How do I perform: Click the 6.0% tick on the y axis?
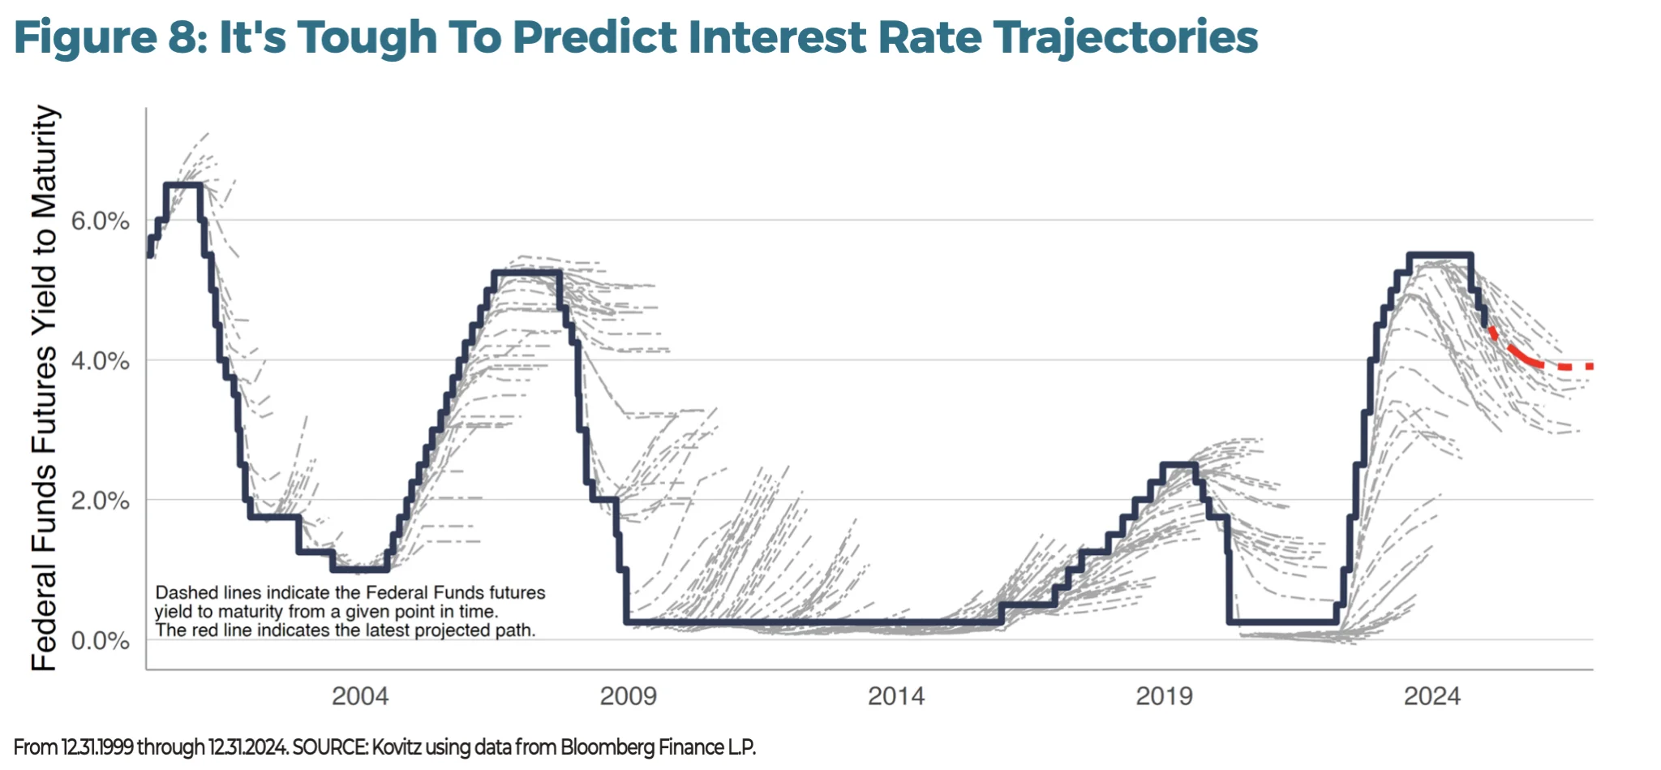coord(100,221)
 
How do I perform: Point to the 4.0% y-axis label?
coord(100,361)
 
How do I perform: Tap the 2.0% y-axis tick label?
coord(100,501)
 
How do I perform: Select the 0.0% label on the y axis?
coord(100,641)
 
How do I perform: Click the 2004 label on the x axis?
coord(360,696)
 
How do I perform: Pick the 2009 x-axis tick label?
coord(628,696)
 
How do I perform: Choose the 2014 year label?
coord(896,696)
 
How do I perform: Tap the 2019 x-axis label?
coord(1164,696)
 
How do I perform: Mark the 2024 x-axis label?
coord(1432,696)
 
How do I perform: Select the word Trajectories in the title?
coord(1126,37)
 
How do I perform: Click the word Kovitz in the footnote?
coord(396,747)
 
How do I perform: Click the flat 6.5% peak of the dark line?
coord(183,185)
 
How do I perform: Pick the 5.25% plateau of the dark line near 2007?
coord(526,272)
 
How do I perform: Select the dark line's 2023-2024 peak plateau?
coord(1440,255)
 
